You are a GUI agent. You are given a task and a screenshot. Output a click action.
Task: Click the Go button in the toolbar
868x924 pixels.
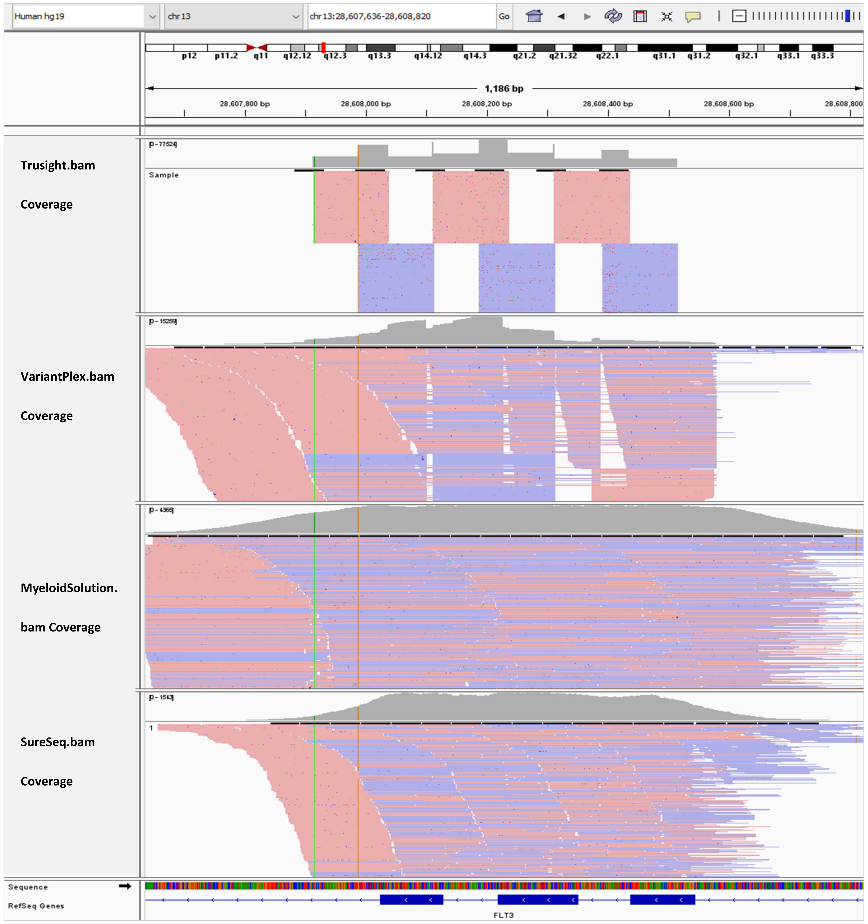tap(504, 16)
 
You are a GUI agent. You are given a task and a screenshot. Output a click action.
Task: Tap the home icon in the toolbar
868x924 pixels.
tap(534, 16)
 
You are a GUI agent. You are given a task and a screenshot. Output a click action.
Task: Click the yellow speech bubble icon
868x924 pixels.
tap(693, 17)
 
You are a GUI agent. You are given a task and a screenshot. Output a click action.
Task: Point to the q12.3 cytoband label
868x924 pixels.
tap(335, 56)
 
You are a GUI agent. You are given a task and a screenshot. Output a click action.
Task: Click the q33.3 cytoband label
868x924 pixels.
tap(822, 56)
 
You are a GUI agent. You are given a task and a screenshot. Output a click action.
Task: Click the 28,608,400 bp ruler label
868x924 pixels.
tap(608, 104)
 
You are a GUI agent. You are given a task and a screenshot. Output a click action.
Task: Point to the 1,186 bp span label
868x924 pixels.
tap(504, 88)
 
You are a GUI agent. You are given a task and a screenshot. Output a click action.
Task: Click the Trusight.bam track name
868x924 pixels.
tap(58, 165)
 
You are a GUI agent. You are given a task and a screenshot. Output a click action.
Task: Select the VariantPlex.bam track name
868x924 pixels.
tap(68, 377)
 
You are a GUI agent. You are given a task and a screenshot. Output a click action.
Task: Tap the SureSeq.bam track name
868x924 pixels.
tap(58, 742)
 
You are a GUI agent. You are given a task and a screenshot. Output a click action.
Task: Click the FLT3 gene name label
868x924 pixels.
tap(503, 915)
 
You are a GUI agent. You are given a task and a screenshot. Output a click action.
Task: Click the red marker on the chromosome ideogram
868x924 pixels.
tap(324, 47)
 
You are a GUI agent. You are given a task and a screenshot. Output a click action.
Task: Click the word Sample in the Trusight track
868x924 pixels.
tap(164, 175)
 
